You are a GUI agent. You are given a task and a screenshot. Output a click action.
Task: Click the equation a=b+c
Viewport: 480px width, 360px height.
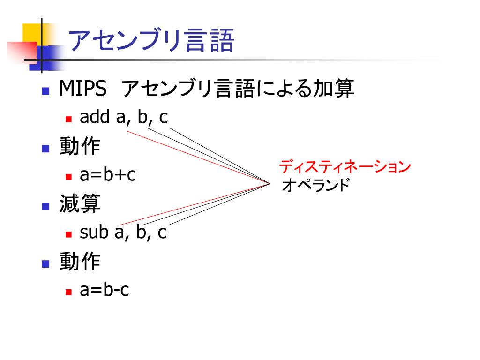[x=108, y=175]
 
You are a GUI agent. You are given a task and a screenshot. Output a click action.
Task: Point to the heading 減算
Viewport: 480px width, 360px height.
[x=80, y=204]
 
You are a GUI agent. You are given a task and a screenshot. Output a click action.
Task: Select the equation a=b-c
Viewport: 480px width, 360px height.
[x=105, y=290]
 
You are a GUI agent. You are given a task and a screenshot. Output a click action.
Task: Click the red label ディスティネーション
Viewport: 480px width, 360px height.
[x=345, y=166]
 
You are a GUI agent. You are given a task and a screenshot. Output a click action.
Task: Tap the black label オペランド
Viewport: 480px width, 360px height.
[x=316, y=186]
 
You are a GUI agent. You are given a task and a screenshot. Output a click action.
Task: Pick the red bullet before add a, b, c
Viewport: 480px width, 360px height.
[x=68, y=120]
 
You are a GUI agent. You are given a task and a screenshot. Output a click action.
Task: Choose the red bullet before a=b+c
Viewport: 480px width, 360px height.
[x=68, y=178]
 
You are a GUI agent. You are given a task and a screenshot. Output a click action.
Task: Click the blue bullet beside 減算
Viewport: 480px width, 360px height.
[x=45, y=206]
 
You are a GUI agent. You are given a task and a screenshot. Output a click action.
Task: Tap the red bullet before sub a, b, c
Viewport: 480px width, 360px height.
[x=68, y=234]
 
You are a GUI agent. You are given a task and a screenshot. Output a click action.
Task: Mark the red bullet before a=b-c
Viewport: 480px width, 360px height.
[x=68, y=292]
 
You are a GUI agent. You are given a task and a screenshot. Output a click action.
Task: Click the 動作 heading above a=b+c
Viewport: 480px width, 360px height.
[x=80, y=147]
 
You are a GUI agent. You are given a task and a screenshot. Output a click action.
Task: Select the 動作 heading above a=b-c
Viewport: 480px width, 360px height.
[x=80, y=262]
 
